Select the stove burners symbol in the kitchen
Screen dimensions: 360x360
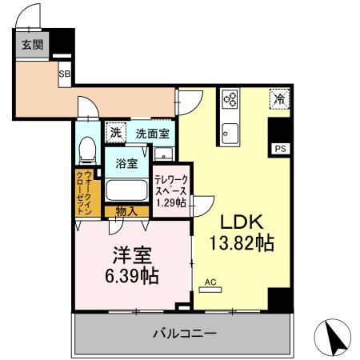tap(230, 100)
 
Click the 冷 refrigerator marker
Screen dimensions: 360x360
tap(279, 99)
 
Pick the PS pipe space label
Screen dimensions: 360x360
tap(280, 149)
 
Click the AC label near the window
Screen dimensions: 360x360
tap(211, 282)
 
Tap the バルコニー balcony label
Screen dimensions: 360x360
tap(184, 332)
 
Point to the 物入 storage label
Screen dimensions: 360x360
tap(126, 211)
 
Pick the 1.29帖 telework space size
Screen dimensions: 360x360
tap(171, 203)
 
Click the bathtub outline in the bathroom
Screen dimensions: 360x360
tap(126, 190)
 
